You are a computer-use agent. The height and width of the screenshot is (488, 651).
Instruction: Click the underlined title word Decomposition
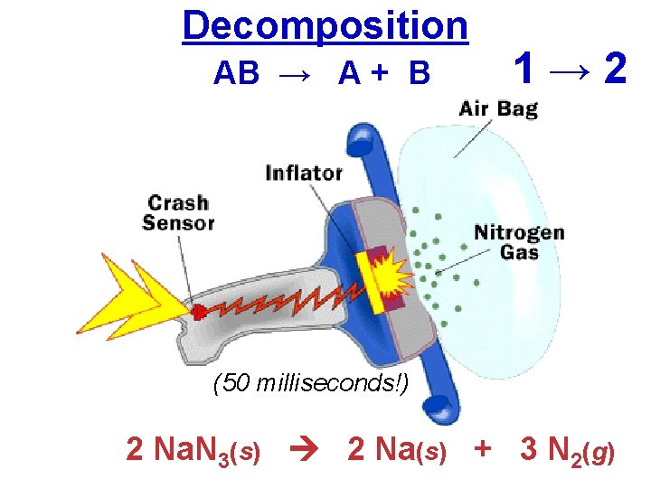coord(325,26)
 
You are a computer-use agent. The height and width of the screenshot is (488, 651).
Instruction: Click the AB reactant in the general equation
coord(237,73)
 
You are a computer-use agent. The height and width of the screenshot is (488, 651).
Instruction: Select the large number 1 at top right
coord(524,69)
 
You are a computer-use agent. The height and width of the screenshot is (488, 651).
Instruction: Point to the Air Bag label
coord(498,109)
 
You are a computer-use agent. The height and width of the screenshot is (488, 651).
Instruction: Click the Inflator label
coord(304,172)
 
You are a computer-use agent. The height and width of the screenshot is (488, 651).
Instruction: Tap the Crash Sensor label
coord(178,212)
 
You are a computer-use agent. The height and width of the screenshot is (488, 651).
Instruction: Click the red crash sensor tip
coord(196,312)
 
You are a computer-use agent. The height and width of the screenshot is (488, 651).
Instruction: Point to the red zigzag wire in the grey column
coord(271,298)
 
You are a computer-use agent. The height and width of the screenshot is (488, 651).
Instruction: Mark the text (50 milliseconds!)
coord(310,383)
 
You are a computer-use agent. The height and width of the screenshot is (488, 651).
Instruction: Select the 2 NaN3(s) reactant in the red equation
coord(193,449)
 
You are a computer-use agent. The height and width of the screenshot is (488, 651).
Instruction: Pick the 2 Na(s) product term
coord(397,449)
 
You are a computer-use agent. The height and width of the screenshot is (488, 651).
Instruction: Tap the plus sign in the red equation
coord(484,449)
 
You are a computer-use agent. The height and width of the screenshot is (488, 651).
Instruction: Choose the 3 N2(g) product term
coord(568,449)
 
